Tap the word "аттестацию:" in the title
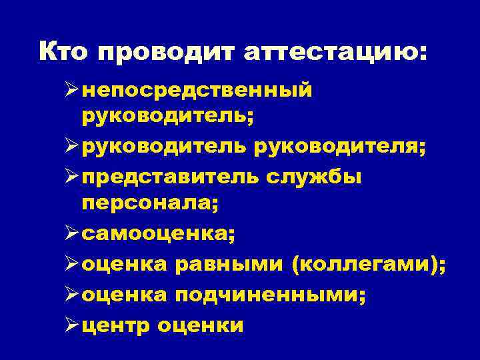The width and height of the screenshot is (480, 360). pyautogui.click(x=333, y=51)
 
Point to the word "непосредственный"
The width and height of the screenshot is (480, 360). pyautogui.click(x=197, y=89)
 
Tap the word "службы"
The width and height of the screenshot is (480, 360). pyautogui.click(x=313, y=177)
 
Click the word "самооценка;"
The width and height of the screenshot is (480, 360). pyautogui.click(x=160, y=235)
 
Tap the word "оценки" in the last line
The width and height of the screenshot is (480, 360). pyautogui.click(x=202, y=326)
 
